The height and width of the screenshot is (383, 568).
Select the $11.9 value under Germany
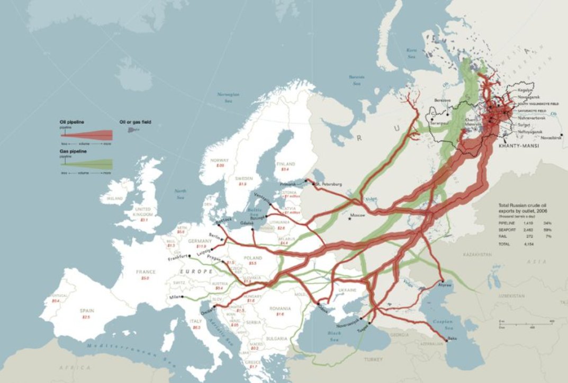pyautogui.click(x=201, y=246)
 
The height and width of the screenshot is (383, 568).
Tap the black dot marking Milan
pyautogui.click(x=183, y=297)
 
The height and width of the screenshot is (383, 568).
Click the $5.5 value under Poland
pyautogui.click(x=253, y=263)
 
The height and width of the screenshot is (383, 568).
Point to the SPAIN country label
pyautogui.click(x=86, y=311)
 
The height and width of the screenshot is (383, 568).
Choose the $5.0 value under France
pyautogui.click(x=146, y=278)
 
